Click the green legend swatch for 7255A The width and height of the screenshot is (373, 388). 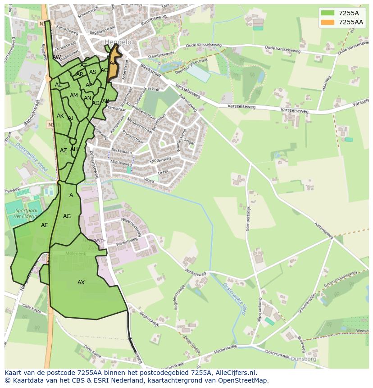tap(328, 13)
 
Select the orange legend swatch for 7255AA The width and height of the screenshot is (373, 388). tap(328, 22)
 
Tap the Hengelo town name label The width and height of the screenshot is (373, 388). tap(118, 42)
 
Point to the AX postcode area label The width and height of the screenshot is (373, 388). tap(81, 283)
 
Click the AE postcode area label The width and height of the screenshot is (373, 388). tap(44, 225)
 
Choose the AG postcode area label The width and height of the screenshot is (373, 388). tap(67, 216)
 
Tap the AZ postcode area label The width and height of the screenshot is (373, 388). tap(64, 151)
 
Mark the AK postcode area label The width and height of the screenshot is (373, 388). tap(60, 116)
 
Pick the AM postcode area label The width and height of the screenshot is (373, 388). tap(74, 96)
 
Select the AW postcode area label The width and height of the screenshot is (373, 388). tap(57, 57)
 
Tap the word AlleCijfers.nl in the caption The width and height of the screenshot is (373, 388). tap(234, 373)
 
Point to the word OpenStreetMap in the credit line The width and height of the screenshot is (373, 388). tap(244, 380)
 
